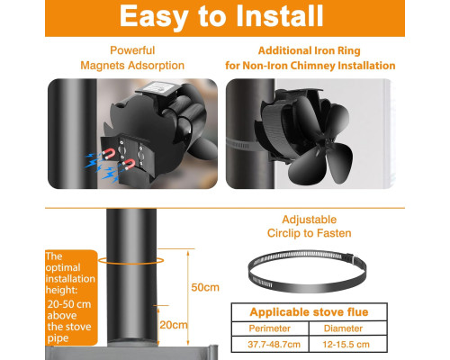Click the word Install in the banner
point(280,16)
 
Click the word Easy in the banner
point(154,17)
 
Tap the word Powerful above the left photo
point(132,50)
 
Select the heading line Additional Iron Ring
point(310,50)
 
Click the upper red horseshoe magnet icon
point(108,154)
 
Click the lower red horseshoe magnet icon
point(129,164)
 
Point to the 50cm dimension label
point(205,287)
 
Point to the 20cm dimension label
point(174,325)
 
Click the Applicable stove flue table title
point(309,312)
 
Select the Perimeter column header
point(269,328)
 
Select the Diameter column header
point(343,328)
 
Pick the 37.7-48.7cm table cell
point(274,344)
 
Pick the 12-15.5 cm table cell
point(346,344)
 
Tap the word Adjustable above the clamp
point(310,220)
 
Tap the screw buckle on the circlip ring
point(350,258)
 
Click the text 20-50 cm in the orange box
point(69,304)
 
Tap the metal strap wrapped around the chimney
point(242,144)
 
